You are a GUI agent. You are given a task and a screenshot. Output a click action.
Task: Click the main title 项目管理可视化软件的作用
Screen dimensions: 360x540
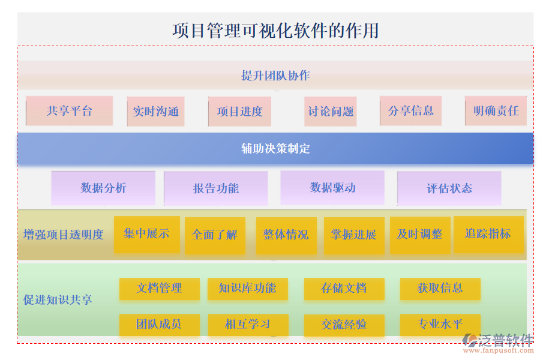point(275,31)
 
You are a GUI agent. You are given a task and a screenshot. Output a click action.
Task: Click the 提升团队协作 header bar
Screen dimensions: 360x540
point(275,76)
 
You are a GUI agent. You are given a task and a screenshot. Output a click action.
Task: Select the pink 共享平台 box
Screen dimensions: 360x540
point(70,111)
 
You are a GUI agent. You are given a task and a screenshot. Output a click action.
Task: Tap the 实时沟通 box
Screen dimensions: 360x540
point(155,112)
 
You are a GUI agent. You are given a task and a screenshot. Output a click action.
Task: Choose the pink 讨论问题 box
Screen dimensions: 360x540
point(331,112)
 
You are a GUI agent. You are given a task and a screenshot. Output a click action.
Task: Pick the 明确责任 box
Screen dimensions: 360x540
point(496,111)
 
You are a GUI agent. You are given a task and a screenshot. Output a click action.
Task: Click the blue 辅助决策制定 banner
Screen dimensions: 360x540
point(275,149)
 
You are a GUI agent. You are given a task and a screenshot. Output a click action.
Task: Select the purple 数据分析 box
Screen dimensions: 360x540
point(103,188)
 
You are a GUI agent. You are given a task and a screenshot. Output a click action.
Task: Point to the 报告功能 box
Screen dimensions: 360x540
point(215,189)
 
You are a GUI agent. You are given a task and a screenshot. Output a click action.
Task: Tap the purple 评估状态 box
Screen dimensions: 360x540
point(449,189)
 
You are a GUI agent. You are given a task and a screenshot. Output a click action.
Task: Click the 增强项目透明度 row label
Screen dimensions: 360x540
point(64,235)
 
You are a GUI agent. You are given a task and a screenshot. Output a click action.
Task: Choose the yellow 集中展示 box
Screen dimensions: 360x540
point(146,234)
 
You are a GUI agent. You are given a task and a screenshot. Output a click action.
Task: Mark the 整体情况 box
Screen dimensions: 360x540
point(286,235)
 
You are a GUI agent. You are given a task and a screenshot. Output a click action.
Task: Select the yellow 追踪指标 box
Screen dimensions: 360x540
point(488,234)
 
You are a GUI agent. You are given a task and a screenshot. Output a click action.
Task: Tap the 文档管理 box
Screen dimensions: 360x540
point(159,289)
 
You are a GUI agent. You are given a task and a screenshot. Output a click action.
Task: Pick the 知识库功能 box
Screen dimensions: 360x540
point(247,289)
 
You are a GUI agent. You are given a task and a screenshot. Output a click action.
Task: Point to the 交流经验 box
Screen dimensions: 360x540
point(344,325)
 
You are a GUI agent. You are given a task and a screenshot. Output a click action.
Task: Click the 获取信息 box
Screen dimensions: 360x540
point(440,289)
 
